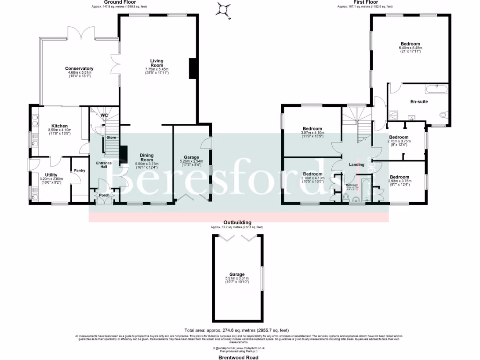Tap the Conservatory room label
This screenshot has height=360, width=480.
[79, 69]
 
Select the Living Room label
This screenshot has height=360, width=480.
[157, 63]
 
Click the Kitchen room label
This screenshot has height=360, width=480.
[60, 126]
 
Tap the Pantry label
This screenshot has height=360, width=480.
[79, 171]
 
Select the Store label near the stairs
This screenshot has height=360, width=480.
[111, 137]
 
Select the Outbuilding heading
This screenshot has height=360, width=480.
[237, 222]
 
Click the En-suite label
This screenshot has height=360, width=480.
[419, 101]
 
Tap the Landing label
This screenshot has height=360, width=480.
[357, 165]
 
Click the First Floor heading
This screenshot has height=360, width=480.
[365, 2]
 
